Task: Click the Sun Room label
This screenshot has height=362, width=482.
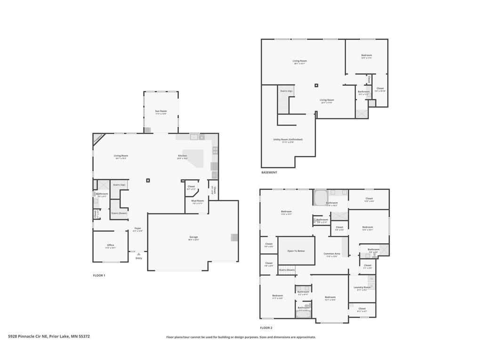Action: click(x=161, y=111)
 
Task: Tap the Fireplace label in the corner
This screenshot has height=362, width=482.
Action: click(x=98, y=138)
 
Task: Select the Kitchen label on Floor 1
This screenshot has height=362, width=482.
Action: click(x=182, y=156)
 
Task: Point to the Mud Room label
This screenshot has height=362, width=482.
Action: click(x=197, y=201)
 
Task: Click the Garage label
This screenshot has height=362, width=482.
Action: click(x=193, y=237)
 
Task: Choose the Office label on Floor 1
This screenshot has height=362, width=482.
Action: click(x=110, y=245)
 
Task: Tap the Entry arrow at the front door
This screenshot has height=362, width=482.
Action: click(x=138, y=254)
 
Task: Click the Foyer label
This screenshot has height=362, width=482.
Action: click(x=137, y=229)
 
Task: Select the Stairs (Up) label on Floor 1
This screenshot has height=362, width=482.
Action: click(x=119, y=185)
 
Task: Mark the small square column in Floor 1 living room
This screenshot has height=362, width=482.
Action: click(x=148, y=180)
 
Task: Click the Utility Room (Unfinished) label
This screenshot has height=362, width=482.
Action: click(x=288, y=140)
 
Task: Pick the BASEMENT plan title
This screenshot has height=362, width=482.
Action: click(x=269, y=173)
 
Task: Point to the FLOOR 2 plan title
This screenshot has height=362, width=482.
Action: click(x=266, y=328)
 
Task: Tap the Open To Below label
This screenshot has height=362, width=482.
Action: click(x=296, y=251)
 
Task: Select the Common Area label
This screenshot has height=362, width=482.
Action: click(x=331, y=254)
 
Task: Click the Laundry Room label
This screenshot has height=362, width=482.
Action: click(x=362, y=288)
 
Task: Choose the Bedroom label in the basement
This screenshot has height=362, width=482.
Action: click(x=366, y=56)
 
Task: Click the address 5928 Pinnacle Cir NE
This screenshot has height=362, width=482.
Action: click(x=49, y=337)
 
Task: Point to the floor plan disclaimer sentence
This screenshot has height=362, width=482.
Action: click(x=241, y=337)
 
